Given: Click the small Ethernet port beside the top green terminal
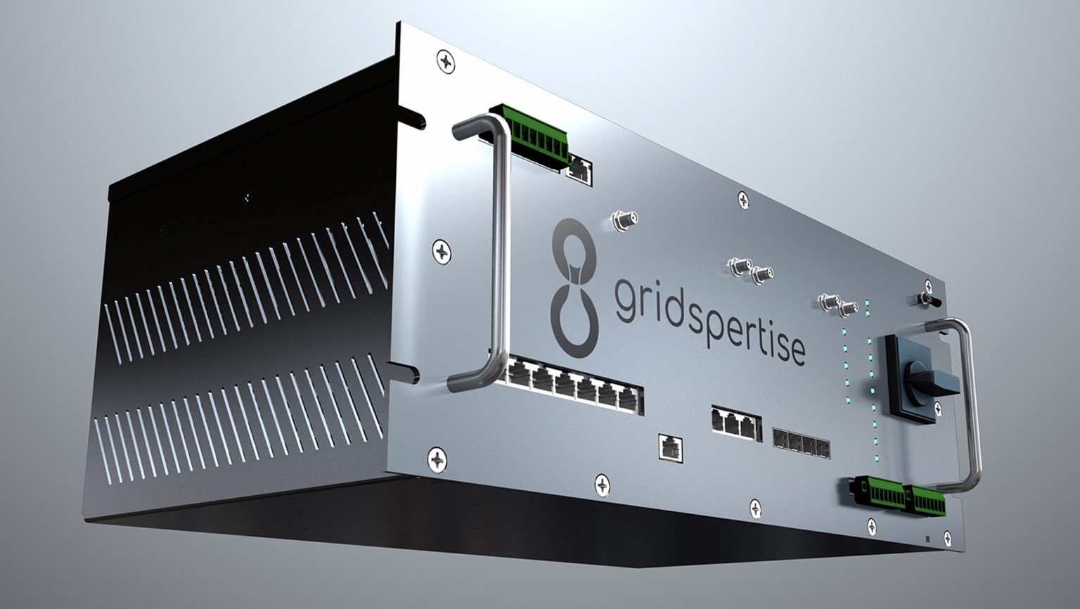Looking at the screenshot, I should point(581,169).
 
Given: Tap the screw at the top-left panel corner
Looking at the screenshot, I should point(446,61).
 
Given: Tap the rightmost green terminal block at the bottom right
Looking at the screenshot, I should point(925,499).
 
